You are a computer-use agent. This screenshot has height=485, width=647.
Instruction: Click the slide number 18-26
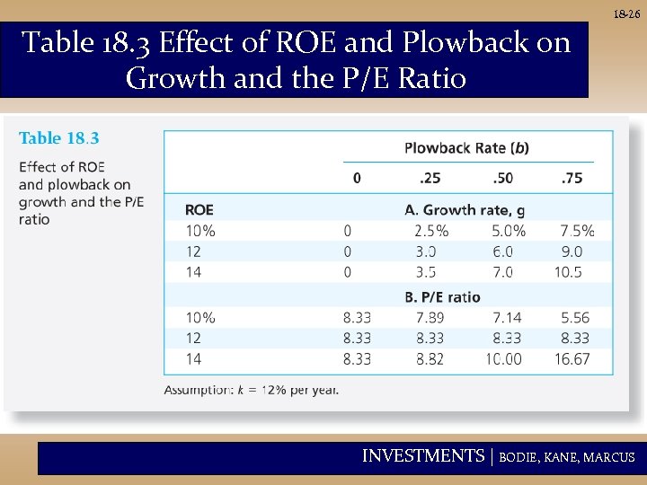[x=626, y=14]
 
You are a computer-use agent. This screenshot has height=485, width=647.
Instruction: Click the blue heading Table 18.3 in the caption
[x=59, y=138]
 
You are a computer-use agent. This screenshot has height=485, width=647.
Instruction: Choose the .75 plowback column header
[x=572, y=178]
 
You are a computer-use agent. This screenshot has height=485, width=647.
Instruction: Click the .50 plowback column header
[x=503, y=178]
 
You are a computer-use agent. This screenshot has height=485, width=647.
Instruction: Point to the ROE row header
[x=199, y=210]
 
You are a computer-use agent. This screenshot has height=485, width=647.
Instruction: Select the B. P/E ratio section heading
[x=443, y=296]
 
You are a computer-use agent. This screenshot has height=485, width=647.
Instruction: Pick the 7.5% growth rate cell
[x=577, y=231]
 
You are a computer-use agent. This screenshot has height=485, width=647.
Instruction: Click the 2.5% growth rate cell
[x=431, y=231]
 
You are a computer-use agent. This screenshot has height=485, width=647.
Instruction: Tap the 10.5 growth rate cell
[x=568, y=272]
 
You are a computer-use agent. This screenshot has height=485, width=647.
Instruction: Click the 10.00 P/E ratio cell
[x=503, y=358]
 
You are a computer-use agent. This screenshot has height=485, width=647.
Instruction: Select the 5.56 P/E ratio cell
[x=574, y=317]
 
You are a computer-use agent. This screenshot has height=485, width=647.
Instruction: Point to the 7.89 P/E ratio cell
[x=430, y=317]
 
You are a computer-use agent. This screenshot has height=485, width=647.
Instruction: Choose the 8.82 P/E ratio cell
[x=430, y=358]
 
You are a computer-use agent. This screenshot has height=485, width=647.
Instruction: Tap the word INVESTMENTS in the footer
[x=422, y=456]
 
